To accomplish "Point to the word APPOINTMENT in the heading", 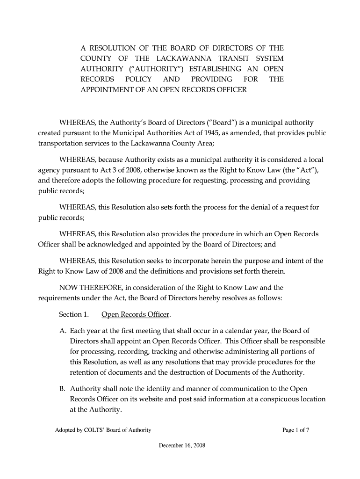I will pos(105,89).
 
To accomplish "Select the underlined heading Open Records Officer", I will pos(136,314).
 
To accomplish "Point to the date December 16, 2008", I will pos(182,445).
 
